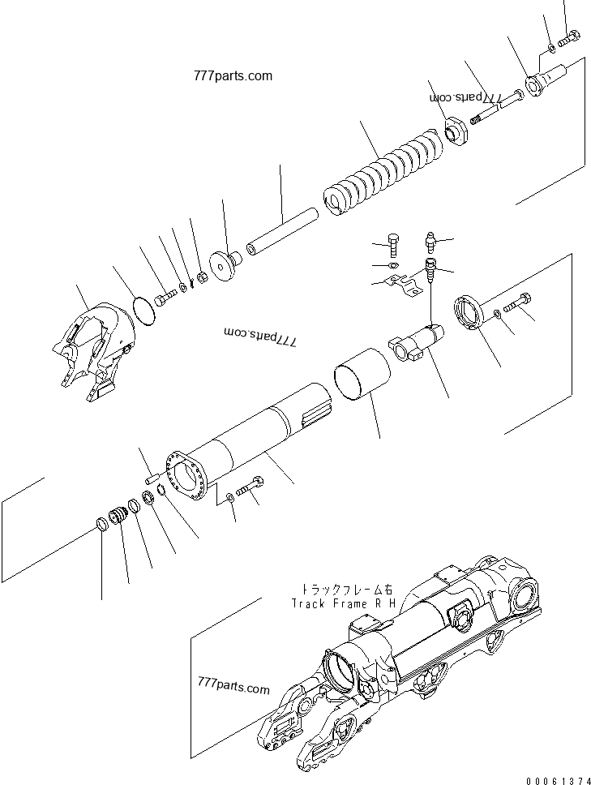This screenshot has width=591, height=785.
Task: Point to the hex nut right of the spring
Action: point(457,131)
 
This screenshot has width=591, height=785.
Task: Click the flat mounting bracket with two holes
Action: point(402,282)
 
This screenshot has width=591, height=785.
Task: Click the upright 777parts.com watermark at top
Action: point(233,76)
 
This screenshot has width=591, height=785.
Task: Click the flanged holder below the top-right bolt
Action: point(541,83)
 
